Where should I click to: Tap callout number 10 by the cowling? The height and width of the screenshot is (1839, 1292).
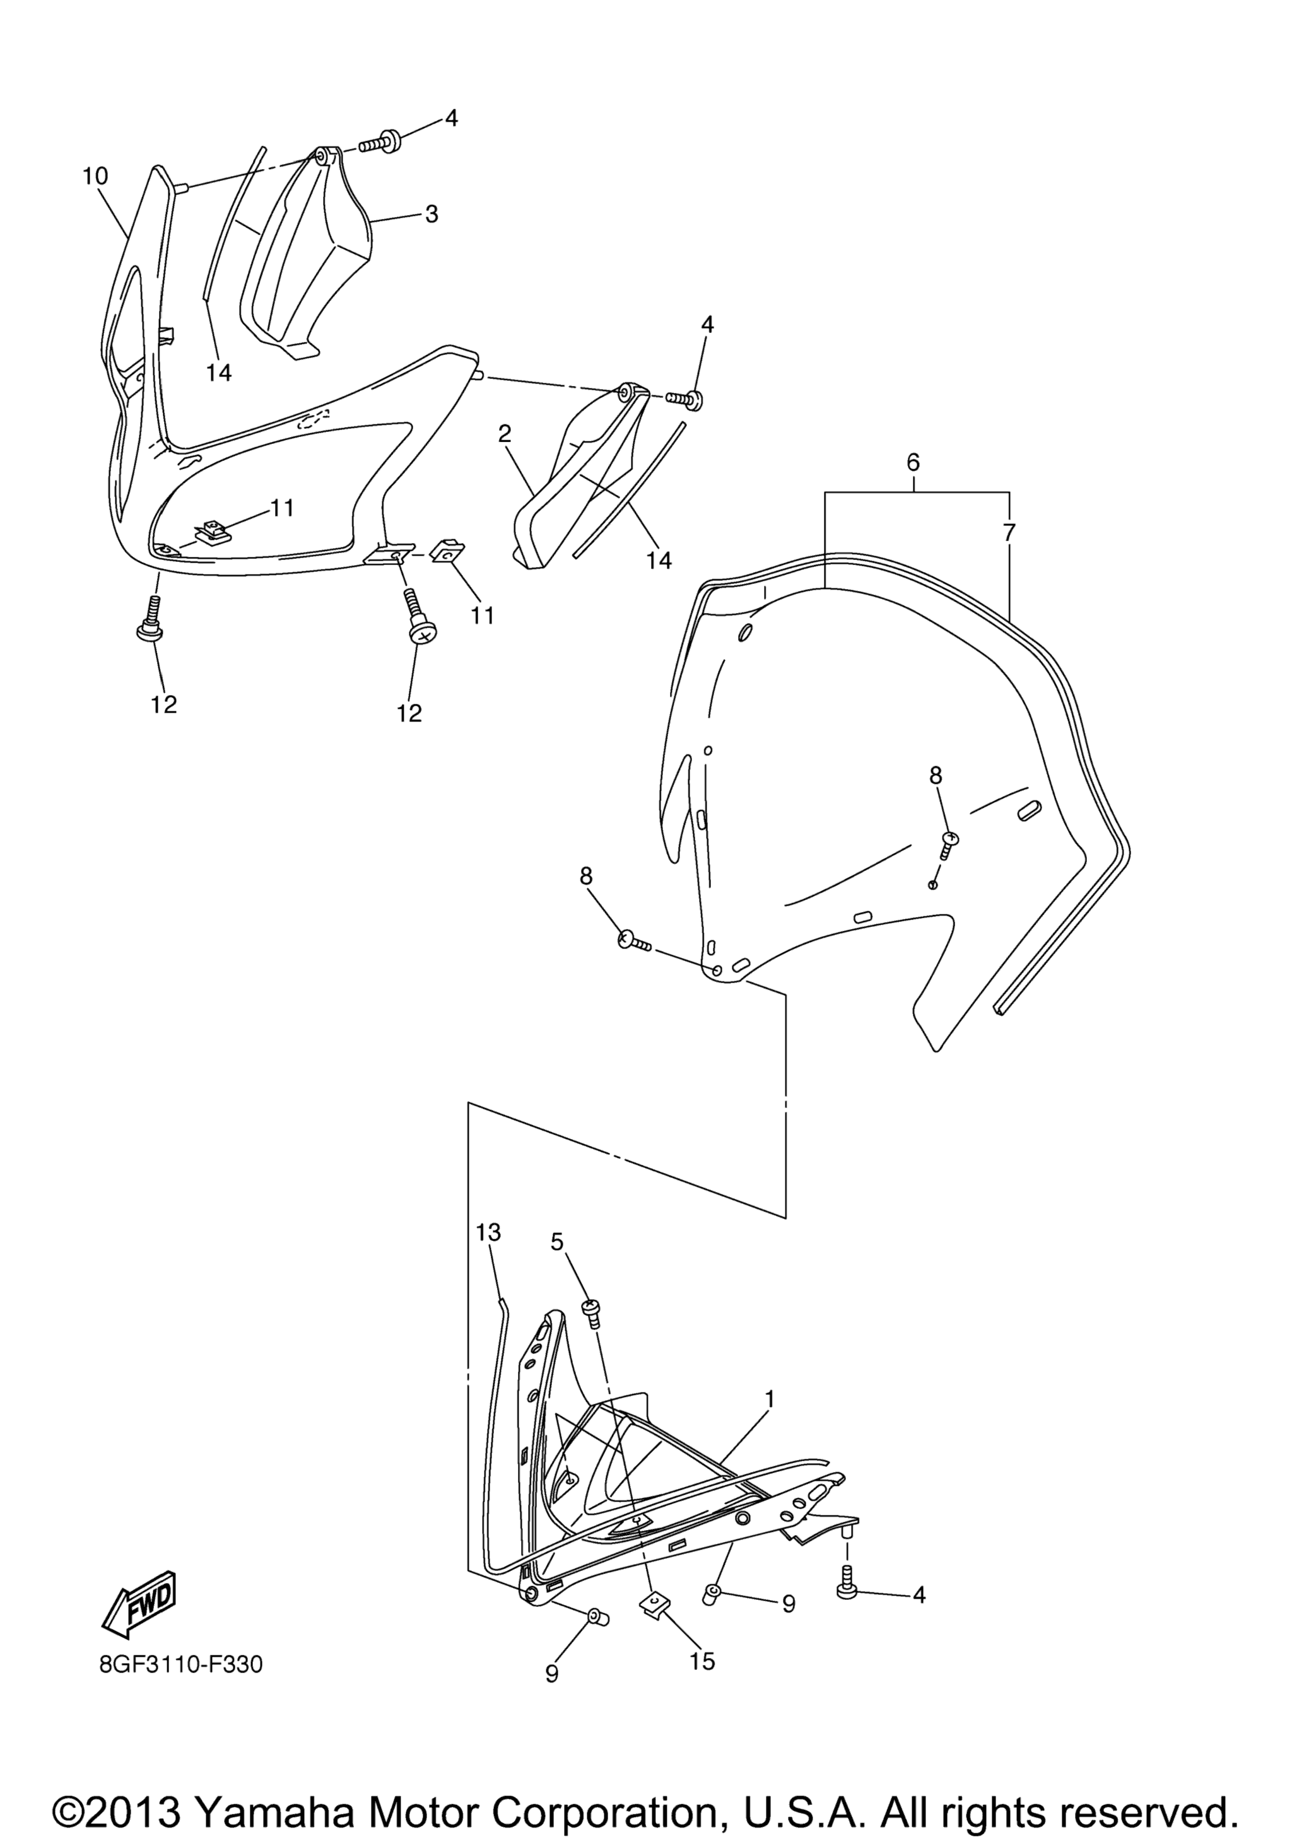pyautogui.click(x=95, y=176)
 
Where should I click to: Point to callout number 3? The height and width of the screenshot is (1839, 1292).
pyautogui.click(x=432, y=214)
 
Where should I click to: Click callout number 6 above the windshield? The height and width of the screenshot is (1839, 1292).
pyautogui.click(x=913, y=462)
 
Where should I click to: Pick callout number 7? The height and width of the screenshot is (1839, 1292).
pyautogui.click(x=1009, y=531)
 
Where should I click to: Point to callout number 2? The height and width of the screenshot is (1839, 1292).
pyautogui.click(x=504, y=434)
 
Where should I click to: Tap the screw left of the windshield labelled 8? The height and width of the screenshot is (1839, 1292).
pyautogui.click(x=636, y=941)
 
